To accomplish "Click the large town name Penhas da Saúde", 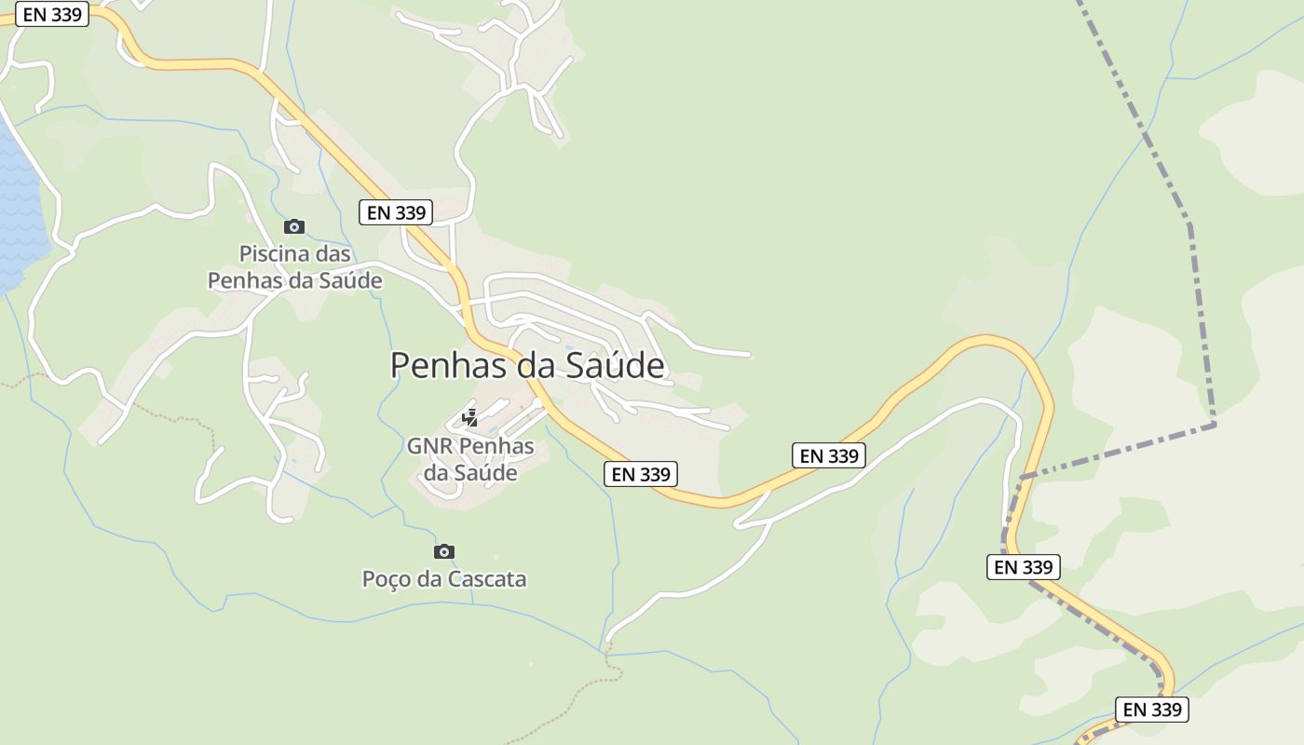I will pos(527,366).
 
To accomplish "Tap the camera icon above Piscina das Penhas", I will pos(294,226).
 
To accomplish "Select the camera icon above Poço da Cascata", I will pos(444,551).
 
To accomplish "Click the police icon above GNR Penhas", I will pos(470,418).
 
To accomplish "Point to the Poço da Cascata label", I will pos(444,579).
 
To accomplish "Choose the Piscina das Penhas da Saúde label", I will pos(294,266).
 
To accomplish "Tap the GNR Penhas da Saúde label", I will pos(470,459).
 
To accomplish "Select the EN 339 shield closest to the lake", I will pos(52,14).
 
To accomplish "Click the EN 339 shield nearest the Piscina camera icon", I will pos(396,212).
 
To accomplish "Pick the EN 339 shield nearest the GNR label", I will pos(640,474).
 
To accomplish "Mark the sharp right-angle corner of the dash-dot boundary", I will pos(1214,425).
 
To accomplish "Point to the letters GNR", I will pos(431,446).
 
